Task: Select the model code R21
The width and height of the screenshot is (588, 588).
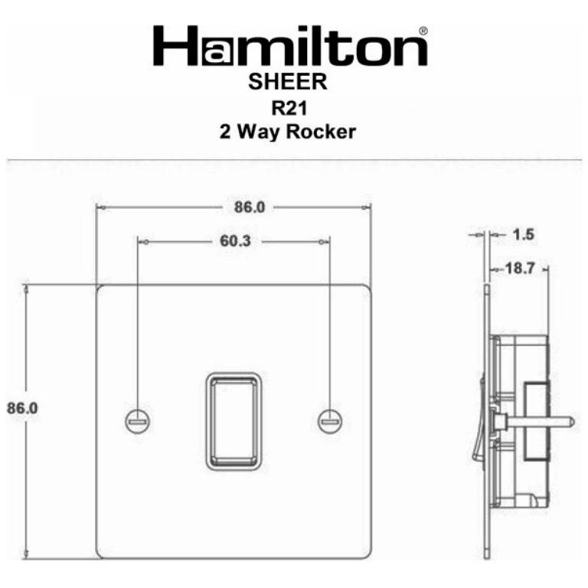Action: tap(288, 106)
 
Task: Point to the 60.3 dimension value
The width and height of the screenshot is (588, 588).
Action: tap(235, 241)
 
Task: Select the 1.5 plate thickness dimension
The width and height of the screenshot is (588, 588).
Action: tap(523, 234)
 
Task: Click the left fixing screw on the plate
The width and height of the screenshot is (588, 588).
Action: tap(139, 419)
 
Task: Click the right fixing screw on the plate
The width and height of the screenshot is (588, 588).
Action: tap(330, 419)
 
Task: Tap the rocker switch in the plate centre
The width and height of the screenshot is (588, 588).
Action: tap(234, 418)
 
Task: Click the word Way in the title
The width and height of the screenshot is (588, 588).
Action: tap(260, 132)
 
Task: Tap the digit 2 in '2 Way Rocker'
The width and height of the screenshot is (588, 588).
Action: tap(226, 132)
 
